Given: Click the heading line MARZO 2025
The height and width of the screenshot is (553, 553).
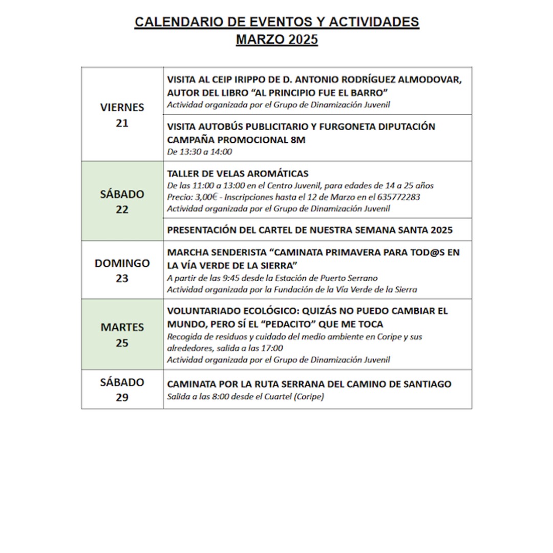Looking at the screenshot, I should (276, 39).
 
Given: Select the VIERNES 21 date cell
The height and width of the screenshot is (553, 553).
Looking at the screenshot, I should (122, 115).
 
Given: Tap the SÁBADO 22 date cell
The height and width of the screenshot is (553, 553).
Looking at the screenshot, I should (122, 202).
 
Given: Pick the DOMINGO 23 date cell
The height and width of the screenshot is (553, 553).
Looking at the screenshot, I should (122, 270).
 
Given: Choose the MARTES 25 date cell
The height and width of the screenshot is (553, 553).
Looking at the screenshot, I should (122, 334).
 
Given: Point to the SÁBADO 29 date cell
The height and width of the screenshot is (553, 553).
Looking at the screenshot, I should (122, 390).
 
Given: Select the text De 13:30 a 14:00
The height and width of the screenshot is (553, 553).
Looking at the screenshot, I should (200, 152).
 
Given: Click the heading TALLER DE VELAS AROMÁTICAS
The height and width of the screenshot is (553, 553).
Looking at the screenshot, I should (238, 174).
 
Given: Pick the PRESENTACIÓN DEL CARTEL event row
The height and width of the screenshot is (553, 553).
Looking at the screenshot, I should (310, 230).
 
